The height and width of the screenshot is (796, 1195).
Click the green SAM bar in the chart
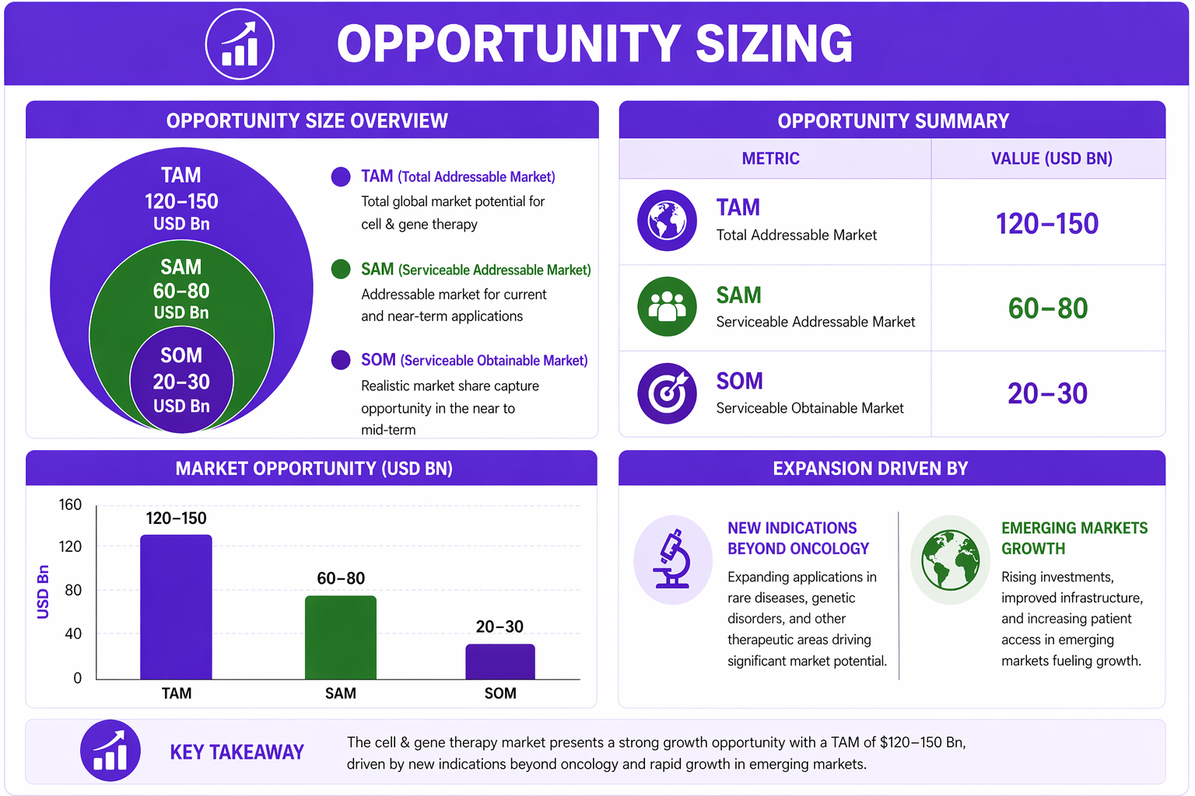340,637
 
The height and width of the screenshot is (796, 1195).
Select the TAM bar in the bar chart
176,607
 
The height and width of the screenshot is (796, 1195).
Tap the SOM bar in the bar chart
500,662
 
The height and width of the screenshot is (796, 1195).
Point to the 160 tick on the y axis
70,504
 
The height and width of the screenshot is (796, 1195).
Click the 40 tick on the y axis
74,634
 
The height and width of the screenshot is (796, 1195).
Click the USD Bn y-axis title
43,592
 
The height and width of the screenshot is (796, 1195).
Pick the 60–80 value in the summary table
1048,308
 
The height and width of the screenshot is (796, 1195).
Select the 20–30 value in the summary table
1048,393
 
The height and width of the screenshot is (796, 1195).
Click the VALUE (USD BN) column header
1052,159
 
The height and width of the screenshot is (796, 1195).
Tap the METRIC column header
770,159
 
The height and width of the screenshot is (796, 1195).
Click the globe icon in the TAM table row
667,220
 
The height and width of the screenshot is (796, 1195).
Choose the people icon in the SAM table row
667,306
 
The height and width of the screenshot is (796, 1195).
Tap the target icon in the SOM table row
667,393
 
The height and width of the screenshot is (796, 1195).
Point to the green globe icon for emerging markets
950,559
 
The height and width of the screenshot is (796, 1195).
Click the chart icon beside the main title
240,44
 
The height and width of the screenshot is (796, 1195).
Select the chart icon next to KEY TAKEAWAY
110,751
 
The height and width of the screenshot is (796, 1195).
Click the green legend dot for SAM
340,269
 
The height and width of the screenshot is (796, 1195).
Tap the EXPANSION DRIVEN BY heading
870,468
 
